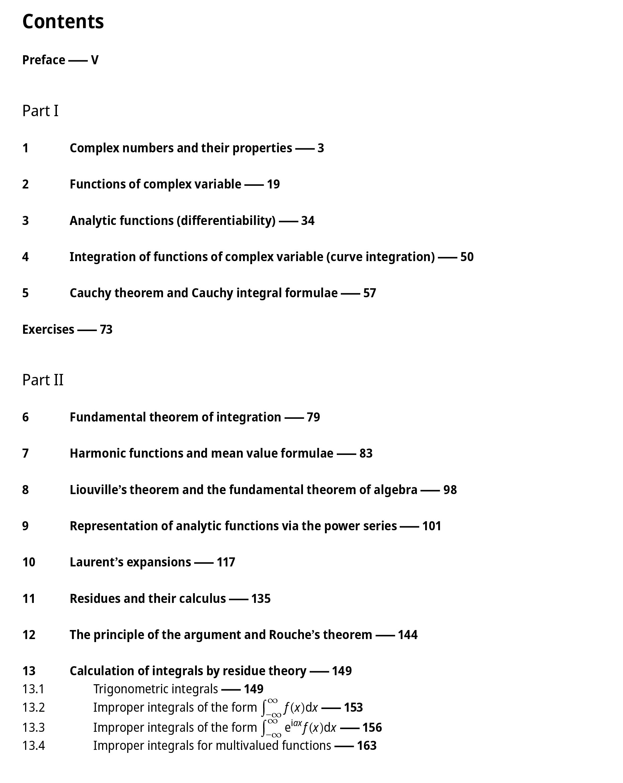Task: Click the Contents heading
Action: point(63,21)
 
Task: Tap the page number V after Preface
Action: point(94,60)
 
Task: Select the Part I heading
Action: point(40,111)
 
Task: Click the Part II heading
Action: point(43,380)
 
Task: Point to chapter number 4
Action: point(25,257)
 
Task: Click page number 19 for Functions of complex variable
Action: point(273,184)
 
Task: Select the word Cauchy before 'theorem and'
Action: point(90,293)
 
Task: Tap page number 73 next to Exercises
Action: point(106,329)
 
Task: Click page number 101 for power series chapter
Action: point(432,526)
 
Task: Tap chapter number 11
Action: point(29,599)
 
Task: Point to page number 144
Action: point(408,635)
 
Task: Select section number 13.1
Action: point(33,689)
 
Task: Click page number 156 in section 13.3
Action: point(372,727)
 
